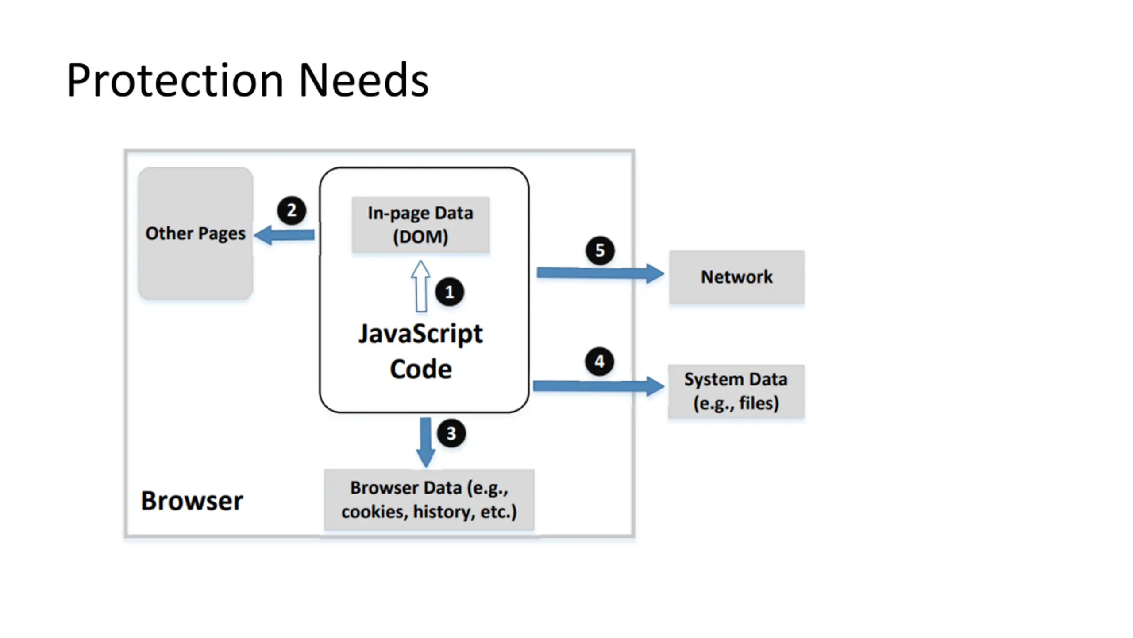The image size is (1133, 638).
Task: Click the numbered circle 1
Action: (x=450, y=292)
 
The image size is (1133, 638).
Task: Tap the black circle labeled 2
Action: (x=292, y=210)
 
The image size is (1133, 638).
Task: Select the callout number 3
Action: (x=451, y=433)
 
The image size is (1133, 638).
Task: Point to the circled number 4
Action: (x=600, y=362)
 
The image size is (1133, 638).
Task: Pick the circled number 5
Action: (x=600, y=250)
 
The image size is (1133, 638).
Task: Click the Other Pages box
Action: (x=196, y=233)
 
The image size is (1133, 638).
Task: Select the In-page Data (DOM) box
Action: (x=420, y=225)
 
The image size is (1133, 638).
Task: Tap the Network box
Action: (x=737, y=277)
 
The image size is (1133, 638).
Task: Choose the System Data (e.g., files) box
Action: (x=736, y=391)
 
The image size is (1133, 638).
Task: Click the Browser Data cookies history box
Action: (x=429, y=499)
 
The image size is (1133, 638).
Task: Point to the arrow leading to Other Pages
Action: (x=284, y=235)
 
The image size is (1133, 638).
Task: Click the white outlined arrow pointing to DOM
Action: (x=420, y=286)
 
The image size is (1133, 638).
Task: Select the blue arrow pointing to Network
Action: (x=601, y=273)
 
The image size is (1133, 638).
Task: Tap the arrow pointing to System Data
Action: (x=599, y=386)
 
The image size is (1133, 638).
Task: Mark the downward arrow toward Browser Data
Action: (x=426, y=443)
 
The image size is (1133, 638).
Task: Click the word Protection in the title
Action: (x=175, y=81)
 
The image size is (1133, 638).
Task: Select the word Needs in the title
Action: (x=364, y=81)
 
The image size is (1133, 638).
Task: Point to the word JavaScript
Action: (x=420, y=334)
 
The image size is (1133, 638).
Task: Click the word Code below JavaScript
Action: (x=421, y=369)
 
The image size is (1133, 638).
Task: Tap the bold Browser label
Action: (x=192, y=501)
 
